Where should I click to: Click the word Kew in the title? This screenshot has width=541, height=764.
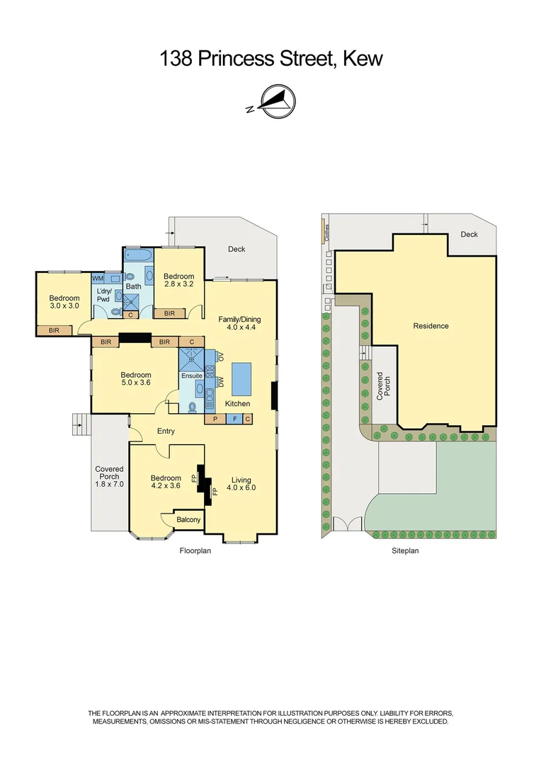coord(362,59)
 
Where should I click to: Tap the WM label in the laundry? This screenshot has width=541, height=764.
coord(98,279)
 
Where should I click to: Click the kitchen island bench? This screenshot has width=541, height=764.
coord(241,378)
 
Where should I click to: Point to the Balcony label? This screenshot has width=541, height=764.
coord(188,520)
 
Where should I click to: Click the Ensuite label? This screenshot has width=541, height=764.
coord(191,375)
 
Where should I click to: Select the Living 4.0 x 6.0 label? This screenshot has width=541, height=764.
coord(241,482)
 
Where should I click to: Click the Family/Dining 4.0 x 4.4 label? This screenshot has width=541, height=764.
coord(240,323)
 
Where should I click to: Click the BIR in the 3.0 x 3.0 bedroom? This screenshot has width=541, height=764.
coord(55,330)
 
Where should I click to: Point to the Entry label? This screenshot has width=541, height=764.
coord(166,431)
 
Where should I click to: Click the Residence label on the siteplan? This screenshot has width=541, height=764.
coord(431,326)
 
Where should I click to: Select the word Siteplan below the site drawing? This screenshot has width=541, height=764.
coord(406,550)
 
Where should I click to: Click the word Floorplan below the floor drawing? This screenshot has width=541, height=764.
coord(195,550)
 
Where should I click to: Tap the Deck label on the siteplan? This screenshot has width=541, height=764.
coord(469,234)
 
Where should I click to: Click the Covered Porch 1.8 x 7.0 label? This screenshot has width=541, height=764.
coord(109,477)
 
